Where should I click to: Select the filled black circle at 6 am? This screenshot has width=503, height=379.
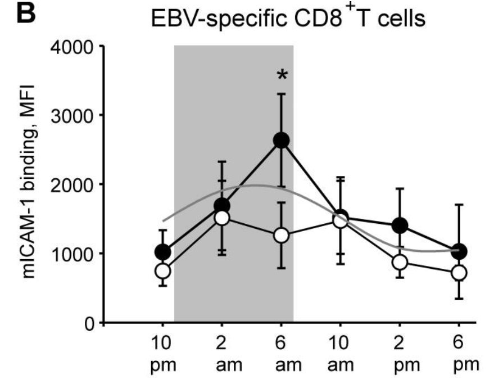[281, 141]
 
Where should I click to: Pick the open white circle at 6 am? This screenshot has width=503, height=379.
[281, 236]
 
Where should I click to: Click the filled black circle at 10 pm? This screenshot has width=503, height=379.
[163, 251]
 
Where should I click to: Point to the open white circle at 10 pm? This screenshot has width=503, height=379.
[163, 270]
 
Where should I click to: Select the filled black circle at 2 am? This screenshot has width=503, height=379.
[222, 205]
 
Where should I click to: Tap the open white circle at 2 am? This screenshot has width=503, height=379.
[222, 218]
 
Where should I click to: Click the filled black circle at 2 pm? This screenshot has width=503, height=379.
[400, 225]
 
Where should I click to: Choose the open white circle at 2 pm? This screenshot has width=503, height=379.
[400, 262]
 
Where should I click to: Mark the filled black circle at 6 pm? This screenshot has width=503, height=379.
[459, 251]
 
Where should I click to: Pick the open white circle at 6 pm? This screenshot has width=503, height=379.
[459, 273]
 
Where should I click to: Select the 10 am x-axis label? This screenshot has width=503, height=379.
[340, 353]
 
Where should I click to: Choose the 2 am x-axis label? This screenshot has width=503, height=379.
[222, 353]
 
